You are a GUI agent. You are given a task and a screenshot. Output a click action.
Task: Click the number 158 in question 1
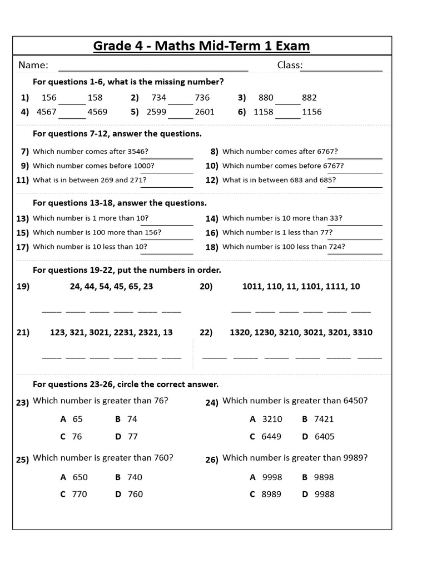[x=95, y=97]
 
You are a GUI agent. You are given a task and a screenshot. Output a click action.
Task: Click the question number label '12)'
[x=212, y=180]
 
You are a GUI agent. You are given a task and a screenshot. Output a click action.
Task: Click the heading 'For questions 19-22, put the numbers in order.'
[x=127, y=270]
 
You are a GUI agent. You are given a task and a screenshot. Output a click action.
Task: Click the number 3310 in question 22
[x=362, y=332]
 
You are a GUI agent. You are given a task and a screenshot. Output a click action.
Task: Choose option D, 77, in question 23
[x=132, y=437]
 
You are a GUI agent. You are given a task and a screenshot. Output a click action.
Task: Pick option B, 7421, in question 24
[x=324, y=419]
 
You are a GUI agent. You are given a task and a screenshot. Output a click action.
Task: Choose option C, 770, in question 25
[x=80, y=494]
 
